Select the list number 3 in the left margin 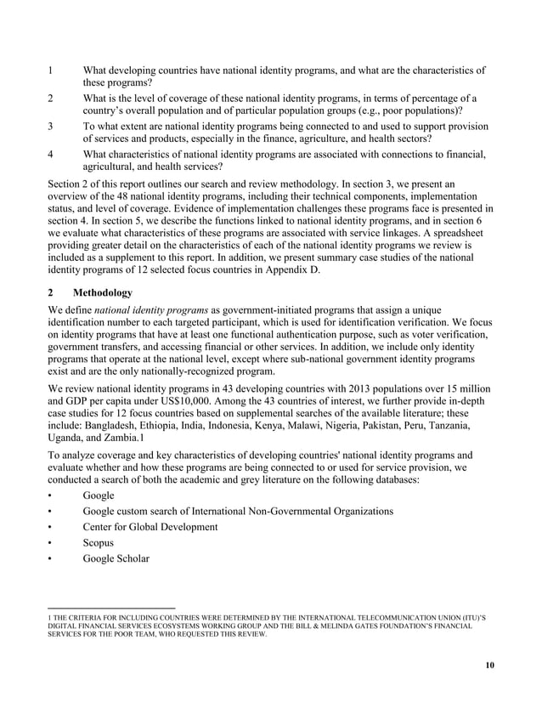(x=52, y=127)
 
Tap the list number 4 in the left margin (x=52, y=155)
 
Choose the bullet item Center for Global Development (x=150, y=527)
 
